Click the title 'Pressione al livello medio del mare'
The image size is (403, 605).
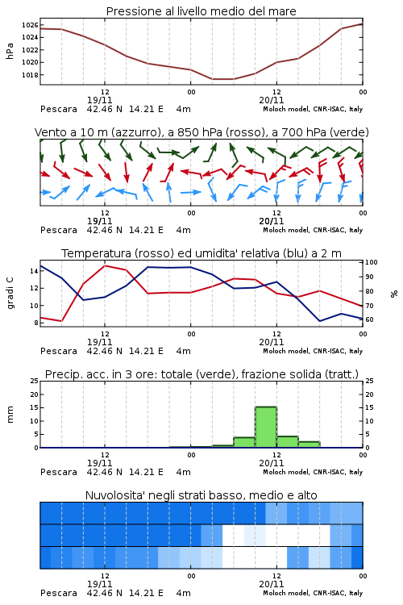pyautogui.click(x=201, y=11)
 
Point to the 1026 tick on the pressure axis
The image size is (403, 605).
pyautogui.click(x=30, y=25)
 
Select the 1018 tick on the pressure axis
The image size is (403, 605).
pyautogui.click(x=30, y=75)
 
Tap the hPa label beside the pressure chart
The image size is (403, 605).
pyautogui.click(x=10, y=51)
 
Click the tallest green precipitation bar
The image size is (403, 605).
pyautogui.click(x=266, y=427)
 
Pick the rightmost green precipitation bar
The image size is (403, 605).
pyautogui.click(x=310, y=444)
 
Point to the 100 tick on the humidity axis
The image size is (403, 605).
pyautogui.click(x=372, y=262)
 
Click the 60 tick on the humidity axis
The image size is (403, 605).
pyautogui.click(x=369, y=319)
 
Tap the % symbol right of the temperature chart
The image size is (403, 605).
pyautogui.click(x=394, y=294)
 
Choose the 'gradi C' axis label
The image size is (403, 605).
pyautogui.click(x=10, y=294)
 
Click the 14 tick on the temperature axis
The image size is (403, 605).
pyautogui.click(x=34, y=271)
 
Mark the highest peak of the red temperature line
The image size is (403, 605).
pyautogui.click(x=105, y=265)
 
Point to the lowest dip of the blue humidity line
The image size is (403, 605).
pyautogui.click(x=320, y=321)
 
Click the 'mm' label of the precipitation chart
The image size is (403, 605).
pyautogui.click(x=10, y=415)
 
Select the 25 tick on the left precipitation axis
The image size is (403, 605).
pyautogui.click(x=34, y=381)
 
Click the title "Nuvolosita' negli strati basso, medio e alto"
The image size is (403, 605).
pyautogui.click(x=201, y=495)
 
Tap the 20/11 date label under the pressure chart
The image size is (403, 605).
pyautogui.click(x=271, y=100)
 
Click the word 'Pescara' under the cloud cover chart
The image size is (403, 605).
pyautogui.click(x=59, y=593)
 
